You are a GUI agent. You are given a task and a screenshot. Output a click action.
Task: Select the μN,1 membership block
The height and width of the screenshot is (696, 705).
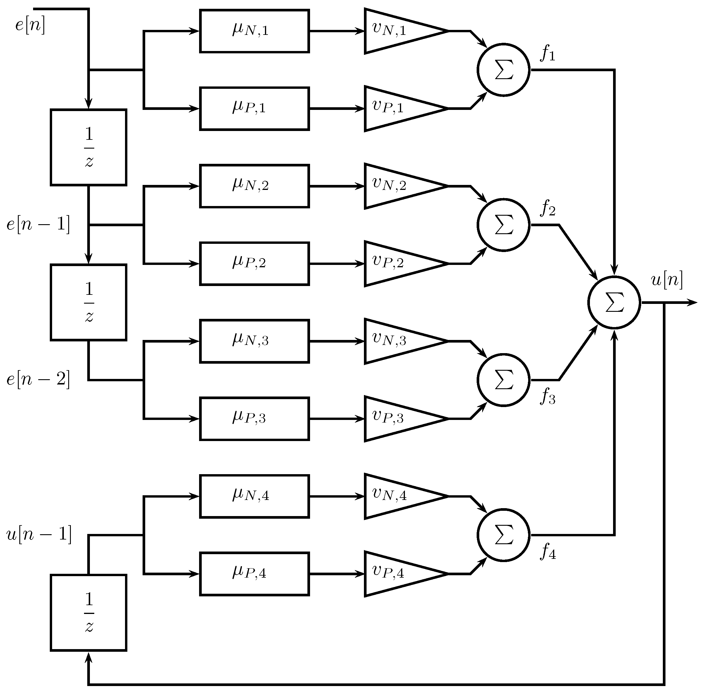click(254, 31)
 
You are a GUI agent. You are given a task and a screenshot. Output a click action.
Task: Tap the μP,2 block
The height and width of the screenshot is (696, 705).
click(254, 263)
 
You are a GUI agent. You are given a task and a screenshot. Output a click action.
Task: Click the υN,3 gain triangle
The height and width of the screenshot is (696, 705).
click(398, 341)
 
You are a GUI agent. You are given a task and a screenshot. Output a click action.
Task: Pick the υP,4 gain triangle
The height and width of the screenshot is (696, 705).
click(398, 574)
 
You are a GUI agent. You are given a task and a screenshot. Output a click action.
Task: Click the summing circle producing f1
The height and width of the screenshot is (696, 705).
click(503, 70)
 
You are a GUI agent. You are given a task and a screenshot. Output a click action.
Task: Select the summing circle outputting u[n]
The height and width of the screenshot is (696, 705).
click(614, 302)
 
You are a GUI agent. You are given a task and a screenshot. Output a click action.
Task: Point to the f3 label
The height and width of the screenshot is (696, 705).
click(548, 396)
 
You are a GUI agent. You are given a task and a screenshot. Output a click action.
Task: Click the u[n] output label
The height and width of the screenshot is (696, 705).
click(667, 280)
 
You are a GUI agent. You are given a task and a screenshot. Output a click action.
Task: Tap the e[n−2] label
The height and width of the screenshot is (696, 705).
click(38, 380)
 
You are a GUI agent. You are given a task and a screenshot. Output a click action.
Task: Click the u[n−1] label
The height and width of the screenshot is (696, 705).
click(39, 534)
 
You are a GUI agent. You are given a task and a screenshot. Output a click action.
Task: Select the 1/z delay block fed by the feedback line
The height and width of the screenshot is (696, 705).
click(88, 612)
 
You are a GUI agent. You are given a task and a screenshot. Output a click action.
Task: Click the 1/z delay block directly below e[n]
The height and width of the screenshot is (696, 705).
click(88, 147)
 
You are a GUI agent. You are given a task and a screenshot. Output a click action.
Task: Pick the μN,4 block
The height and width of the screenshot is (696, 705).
click(254, 496)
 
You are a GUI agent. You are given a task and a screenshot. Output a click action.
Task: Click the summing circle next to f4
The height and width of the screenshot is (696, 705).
click(503, 535)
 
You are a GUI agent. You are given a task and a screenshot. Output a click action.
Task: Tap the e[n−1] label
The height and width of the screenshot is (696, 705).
click(38, 224)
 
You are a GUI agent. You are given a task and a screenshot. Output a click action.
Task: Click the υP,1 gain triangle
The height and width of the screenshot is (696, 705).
click(398, 108)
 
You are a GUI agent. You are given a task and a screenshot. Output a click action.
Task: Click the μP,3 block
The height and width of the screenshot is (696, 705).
click(254, 418)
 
